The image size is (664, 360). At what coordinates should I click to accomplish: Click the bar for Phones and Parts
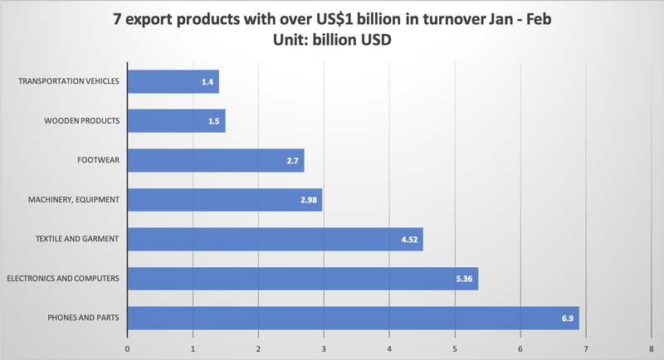353,319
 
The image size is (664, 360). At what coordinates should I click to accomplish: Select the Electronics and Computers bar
303,279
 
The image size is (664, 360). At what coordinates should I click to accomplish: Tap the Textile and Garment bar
276,239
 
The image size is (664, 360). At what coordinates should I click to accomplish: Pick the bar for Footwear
216,160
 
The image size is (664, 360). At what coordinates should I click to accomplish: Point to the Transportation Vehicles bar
173,81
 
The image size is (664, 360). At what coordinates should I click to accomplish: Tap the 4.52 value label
411,239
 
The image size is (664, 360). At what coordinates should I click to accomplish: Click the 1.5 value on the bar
214,121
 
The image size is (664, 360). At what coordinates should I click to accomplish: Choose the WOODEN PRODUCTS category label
81,121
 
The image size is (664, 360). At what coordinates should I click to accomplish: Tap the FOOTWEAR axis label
99,160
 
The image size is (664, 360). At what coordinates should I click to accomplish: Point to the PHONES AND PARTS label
83,319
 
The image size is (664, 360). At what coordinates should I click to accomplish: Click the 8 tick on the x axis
652,348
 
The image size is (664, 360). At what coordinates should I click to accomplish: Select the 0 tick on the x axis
128,348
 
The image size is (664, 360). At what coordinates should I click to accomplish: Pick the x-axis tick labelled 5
456,348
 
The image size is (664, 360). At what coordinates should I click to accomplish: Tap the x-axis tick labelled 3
325,348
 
